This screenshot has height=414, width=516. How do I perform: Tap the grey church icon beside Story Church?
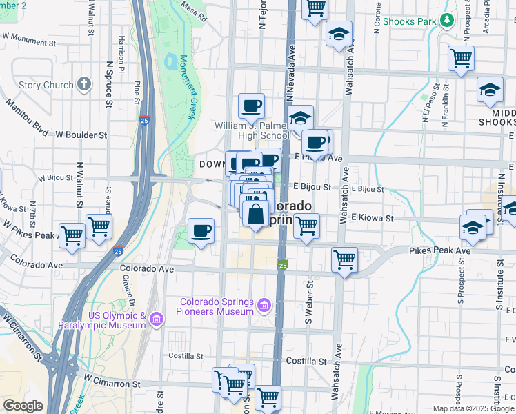coord(84,85)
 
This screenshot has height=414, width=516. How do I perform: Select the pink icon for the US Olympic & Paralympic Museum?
coord(156,319)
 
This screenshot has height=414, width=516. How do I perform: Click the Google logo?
coord(23,406)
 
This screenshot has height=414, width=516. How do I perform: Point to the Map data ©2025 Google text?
coord(473,408)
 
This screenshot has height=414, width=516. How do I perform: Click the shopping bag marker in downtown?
coord(256,214)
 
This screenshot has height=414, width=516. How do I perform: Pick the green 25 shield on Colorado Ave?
coord(283,265)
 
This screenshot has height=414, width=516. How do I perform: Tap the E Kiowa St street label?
coord(372,218)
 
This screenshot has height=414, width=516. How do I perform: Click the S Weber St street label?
coord(309,303)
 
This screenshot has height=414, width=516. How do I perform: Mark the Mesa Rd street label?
coord(194,14)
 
